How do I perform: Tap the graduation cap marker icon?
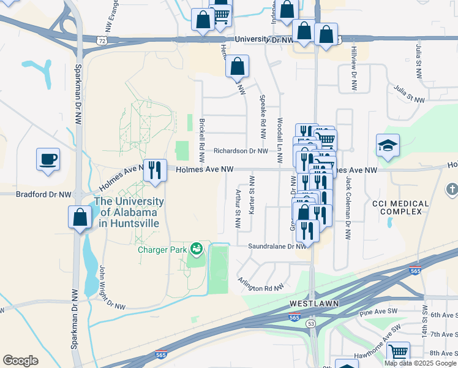[x=388, y=146]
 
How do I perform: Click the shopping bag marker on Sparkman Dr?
[x=80, y=217]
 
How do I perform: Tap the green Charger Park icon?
[x=197, y=248]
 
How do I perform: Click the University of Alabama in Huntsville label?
[x=129, y=212]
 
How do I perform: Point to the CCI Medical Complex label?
[x=397, y=207]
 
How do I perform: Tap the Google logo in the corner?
[x=20, y=361]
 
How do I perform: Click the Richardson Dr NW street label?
[x=241, y=151]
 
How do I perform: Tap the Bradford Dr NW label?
[x=36, y=194]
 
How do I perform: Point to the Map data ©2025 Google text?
[x=421, y=363]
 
